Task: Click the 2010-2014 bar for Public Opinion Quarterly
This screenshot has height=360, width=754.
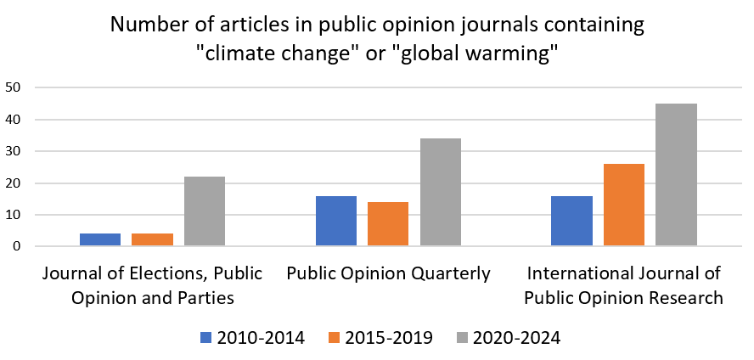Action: tap(336, 221)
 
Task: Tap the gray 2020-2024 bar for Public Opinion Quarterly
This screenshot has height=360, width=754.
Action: tap(441, 193)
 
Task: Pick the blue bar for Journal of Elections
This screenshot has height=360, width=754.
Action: tap(100, 240)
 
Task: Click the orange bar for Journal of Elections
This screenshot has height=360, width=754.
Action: tap(152, 240)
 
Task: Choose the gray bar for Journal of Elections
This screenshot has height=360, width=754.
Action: tap(205, 211)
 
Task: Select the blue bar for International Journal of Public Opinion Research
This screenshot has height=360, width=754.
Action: tap(571, 221)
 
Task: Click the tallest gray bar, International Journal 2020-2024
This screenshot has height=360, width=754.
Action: tap(676, 175)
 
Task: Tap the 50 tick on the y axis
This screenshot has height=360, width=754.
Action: tap(13, 87)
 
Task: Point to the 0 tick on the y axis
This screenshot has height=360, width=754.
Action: tap(16, 247)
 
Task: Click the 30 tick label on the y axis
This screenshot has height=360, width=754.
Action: tap(13, 151)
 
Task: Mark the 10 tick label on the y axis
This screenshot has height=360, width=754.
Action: tap(13, 215)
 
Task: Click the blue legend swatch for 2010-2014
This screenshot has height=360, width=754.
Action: tap(205, 337)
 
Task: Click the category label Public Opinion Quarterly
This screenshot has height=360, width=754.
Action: tap(388, 273)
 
